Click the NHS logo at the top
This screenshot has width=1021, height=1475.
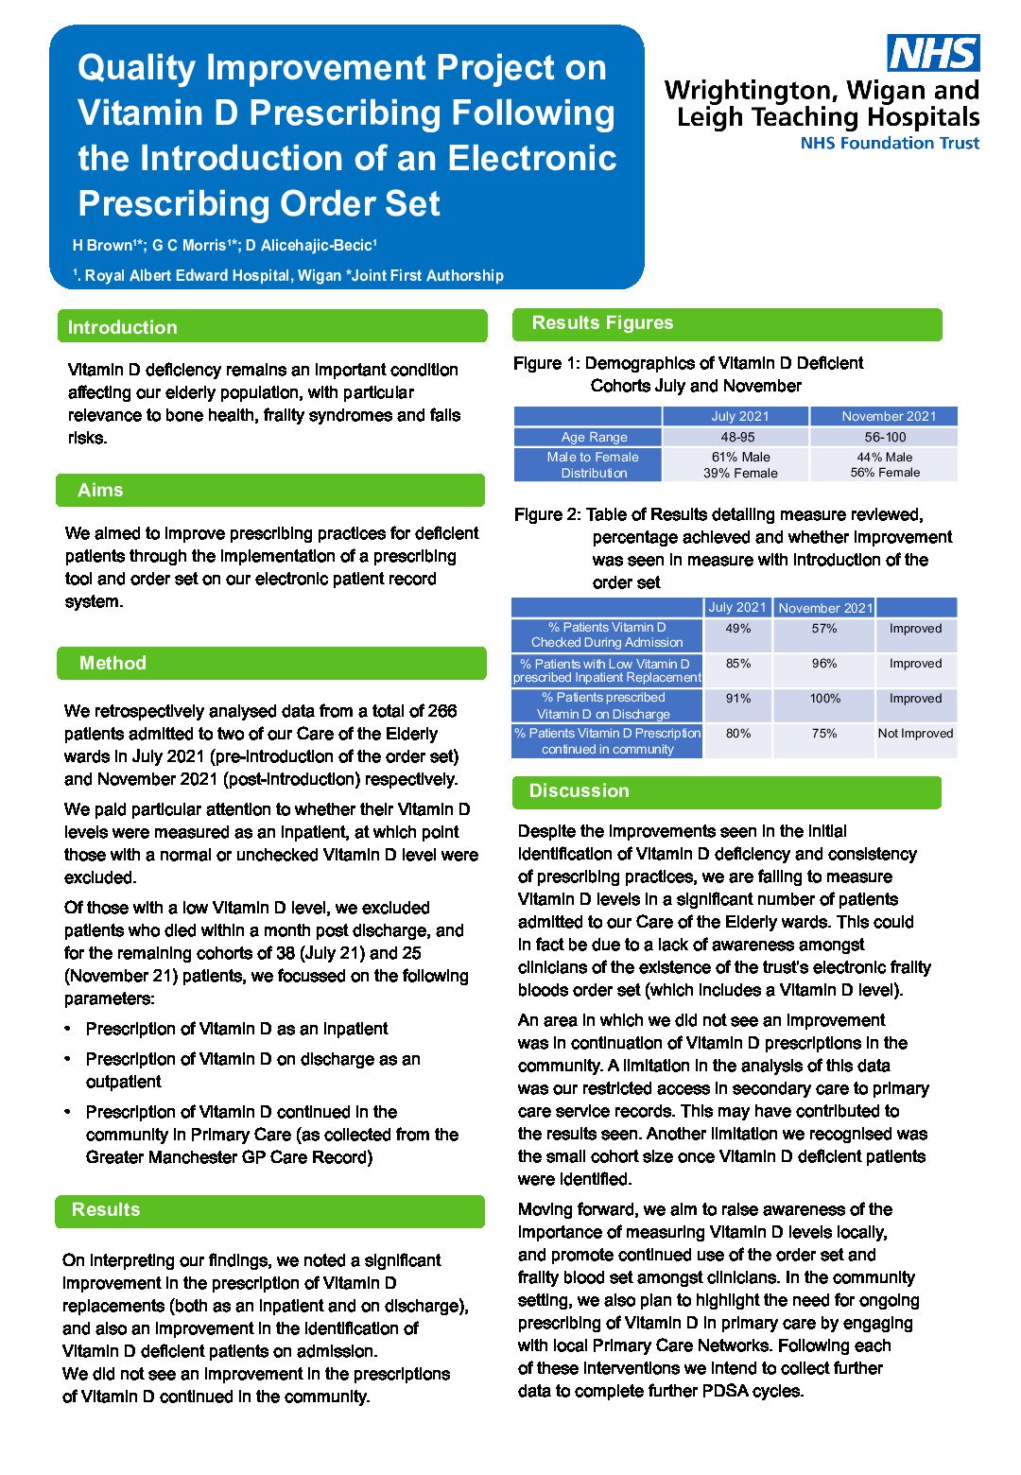click(x=932, y=53)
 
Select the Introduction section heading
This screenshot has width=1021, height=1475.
click(x=123, y=327)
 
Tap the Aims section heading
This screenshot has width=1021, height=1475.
click(x=100, y=490)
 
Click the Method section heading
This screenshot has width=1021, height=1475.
click(x=112, y=663)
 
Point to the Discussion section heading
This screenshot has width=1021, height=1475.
click(x=579, y=790)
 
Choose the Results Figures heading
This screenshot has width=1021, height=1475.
click(x=602, y=322)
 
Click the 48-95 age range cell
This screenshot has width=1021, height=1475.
click(x=737, y=437)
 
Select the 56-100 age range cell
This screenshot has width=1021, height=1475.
click(x=885, y=437)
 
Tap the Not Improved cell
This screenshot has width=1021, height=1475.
click(x=915, y=733)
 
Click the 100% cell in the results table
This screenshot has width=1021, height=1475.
click(x=824, y=698)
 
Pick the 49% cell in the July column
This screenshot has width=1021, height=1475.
click(x=738, y=628)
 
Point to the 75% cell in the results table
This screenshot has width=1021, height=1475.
click(x=824, y=733)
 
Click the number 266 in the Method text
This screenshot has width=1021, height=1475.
click(x=442, y=711)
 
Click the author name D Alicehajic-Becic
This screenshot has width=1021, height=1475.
click(x=311, y=246)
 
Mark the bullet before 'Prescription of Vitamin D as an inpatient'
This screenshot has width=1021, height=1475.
click(x=68, y=1029)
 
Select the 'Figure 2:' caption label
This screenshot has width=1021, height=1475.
click(x=547, y=514)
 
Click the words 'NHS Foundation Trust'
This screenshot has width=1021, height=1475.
click(x=890, y=144)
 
